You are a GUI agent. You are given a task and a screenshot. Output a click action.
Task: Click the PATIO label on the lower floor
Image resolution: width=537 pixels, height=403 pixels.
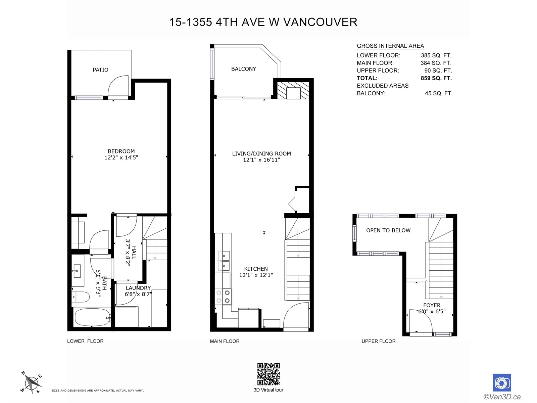[x=100, y=70]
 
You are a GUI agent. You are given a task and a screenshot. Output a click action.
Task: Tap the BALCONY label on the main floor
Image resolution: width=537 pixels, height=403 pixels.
[x=243, y=69]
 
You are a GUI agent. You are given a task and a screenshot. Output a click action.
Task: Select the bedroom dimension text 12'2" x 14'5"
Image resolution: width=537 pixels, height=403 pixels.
[x=121, y=157]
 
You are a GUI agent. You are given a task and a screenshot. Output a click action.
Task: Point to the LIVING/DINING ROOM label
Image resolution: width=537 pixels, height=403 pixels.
[x=261, y=153]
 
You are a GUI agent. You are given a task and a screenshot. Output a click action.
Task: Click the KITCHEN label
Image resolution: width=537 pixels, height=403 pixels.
[x=256, y=269]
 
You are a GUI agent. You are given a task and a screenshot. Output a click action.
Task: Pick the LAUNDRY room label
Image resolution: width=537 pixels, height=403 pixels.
[x=138, y=288]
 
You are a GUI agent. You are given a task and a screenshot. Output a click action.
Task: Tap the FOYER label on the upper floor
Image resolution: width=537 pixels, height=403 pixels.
[x=432, y=305]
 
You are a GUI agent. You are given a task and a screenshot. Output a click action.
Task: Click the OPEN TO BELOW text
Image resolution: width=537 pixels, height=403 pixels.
[x=388, y=230]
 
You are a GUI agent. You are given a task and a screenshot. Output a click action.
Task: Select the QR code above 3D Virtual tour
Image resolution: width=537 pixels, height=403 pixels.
[x=268, y=374]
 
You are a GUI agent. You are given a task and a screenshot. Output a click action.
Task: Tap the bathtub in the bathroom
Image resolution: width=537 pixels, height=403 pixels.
[x=92, y=317]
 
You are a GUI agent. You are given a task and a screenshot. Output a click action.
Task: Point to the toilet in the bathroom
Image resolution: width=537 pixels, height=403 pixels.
[x=81, y=297]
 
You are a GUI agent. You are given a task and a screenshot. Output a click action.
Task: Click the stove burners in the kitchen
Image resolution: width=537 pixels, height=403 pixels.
[x=223, y=297]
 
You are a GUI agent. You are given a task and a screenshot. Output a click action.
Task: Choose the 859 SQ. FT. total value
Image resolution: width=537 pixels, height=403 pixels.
[x=436, y=78]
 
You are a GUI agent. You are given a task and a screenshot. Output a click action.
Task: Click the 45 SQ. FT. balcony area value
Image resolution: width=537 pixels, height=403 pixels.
[x=439, y=93]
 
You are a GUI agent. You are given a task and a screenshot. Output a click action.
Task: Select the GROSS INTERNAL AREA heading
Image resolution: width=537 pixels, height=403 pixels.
[x=390, y=46]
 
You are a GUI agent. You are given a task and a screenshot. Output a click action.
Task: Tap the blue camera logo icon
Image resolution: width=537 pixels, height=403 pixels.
[x=502, y=383]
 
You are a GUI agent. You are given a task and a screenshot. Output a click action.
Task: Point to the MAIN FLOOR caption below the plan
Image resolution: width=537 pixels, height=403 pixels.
[x=225, y=341]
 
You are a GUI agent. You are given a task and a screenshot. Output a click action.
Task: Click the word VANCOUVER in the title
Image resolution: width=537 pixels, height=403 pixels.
[x=320, y=22]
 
